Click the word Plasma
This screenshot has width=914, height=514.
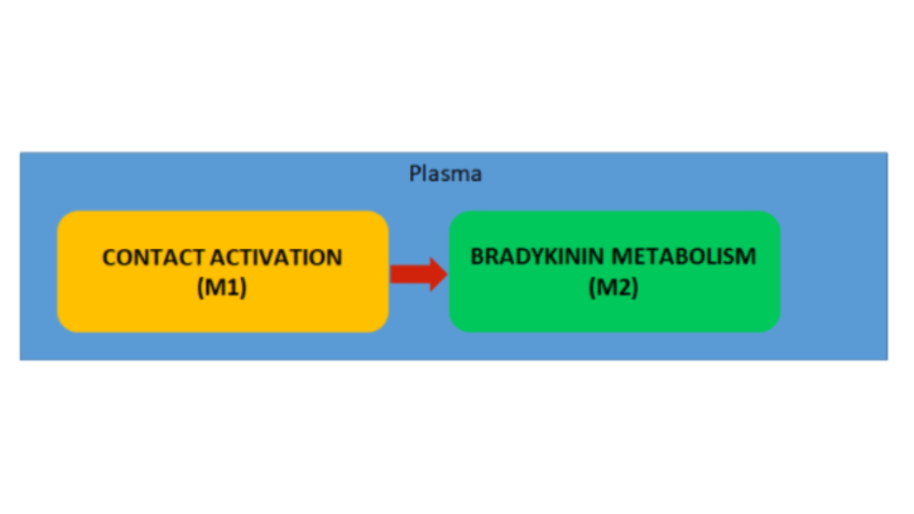[445, 173]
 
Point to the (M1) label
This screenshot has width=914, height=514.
[222, 288]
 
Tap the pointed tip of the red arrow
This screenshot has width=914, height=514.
[446, 274]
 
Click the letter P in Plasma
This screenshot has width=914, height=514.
[414, 173]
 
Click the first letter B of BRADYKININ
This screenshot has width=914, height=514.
[477, 256]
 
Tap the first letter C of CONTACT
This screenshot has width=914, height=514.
[109, 257]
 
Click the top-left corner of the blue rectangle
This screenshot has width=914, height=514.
[21, 153]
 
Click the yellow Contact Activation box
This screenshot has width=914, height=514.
[222, 314]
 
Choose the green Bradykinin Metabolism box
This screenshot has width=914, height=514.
[613, 314]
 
